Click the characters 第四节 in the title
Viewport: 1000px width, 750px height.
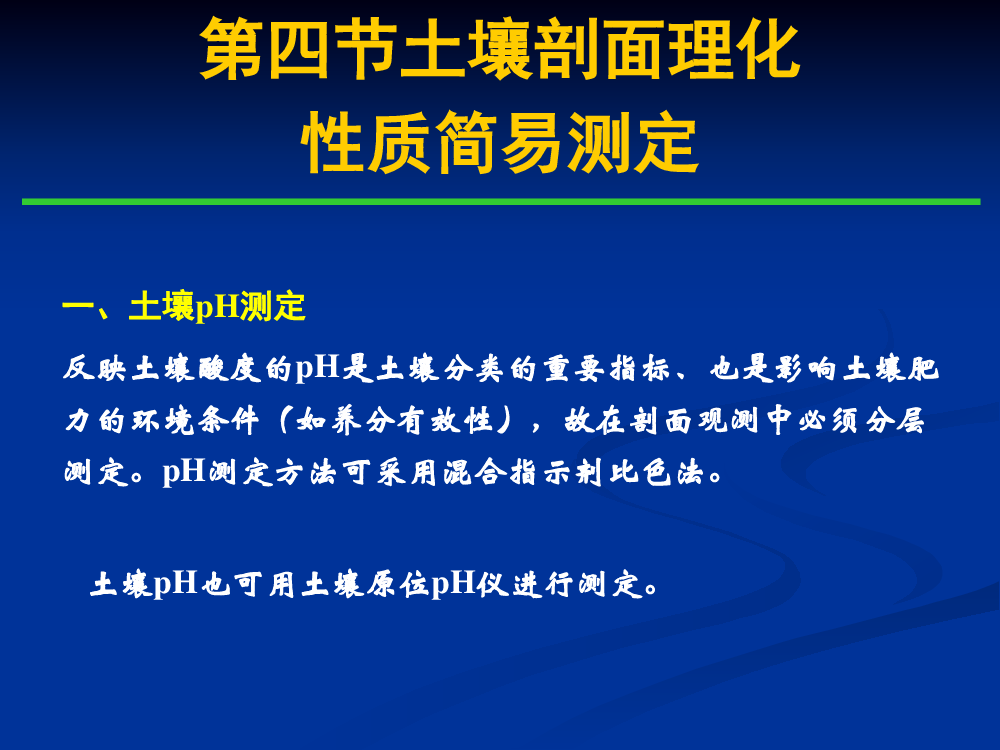(x=298, y=49)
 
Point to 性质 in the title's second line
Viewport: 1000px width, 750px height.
(x=367, y=142)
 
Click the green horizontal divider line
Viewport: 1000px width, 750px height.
(x=501, y=202)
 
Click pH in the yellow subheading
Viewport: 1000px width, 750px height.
(x=216, y=307)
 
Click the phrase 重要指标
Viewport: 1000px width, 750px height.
(x=607, y=369)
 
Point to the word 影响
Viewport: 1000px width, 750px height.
(x=806, y=369)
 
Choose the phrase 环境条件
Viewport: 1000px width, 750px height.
(x=196, y=421)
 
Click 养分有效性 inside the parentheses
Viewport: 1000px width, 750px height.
(x=395, y=421)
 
